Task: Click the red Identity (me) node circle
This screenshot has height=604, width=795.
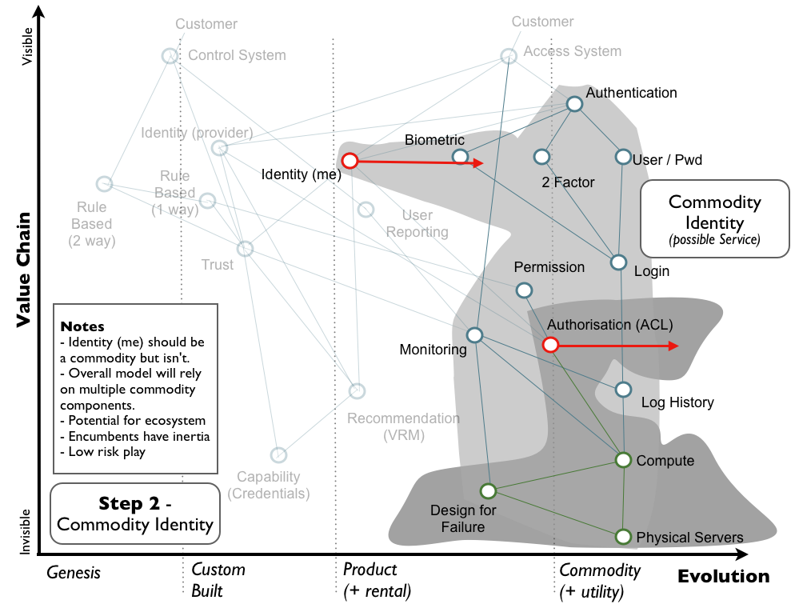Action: (x=350, y=161)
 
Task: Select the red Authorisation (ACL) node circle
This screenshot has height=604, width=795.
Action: (x=550, y=345)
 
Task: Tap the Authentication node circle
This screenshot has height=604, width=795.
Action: (x=574, y=104)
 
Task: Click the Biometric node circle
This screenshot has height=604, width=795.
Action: (x=459, y=157)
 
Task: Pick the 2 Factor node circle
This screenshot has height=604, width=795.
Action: (x=541, y=157)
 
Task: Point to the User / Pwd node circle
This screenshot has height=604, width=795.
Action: (x=623, y=157)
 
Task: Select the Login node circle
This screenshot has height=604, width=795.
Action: (x=618, y=262)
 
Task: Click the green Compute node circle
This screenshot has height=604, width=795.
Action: (x=624, y=459)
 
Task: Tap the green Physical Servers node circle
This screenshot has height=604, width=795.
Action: (x=624, y=536)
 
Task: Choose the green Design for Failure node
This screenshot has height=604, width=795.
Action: (x=487, y=490)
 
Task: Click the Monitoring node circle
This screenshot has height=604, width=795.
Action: (x=473, y=335)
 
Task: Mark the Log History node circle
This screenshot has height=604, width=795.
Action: (x=624, y=390)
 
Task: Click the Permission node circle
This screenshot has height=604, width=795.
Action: (x=523, y=290)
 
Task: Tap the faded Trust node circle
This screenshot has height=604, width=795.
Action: (x=246, y=249)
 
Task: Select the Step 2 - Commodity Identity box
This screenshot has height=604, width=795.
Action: (x=134, y=514)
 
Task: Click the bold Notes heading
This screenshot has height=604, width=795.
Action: (x=82, y=327)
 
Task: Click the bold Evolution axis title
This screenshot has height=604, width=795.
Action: (x=723, y=576)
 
